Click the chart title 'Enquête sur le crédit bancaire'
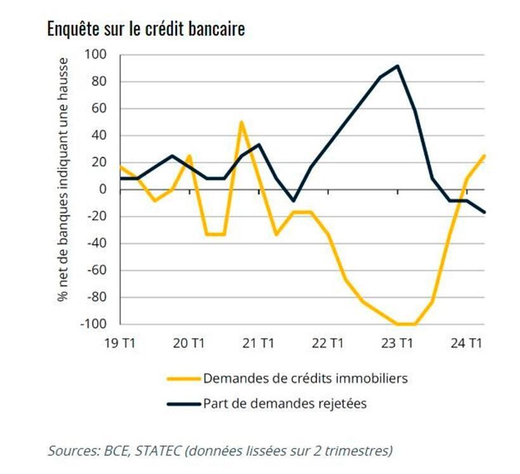(x=146, y=29)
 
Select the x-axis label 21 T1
(x=258, y=344)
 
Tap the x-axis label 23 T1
(x=397, y=344)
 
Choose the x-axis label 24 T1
(x=466, y=344)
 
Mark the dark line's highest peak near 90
(x=397, y=65)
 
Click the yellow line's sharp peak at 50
(x=241, y=122)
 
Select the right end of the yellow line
(x=484, y=155)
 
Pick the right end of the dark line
(x=484, y=212)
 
